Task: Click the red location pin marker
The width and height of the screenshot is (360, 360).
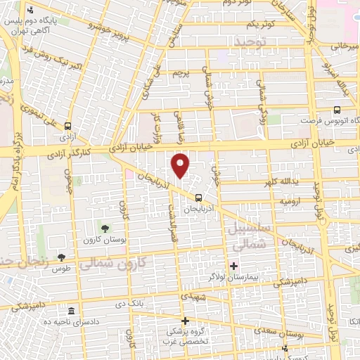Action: coord(181,165)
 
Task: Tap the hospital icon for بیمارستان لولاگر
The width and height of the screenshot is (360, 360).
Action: coord(234,266)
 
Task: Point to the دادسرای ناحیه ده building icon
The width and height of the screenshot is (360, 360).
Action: coord(70,311)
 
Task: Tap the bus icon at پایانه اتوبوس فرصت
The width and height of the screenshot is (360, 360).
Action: coord(337,110)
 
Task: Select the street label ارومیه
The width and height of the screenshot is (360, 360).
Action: coord(291,201)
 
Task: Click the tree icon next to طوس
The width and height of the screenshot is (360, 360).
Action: coord(61,257)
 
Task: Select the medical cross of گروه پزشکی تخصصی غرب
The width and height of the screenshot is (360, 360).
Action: coord(185,321)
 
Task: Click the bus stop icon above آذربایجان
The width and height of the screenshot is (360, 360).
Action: coord(198,197)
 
